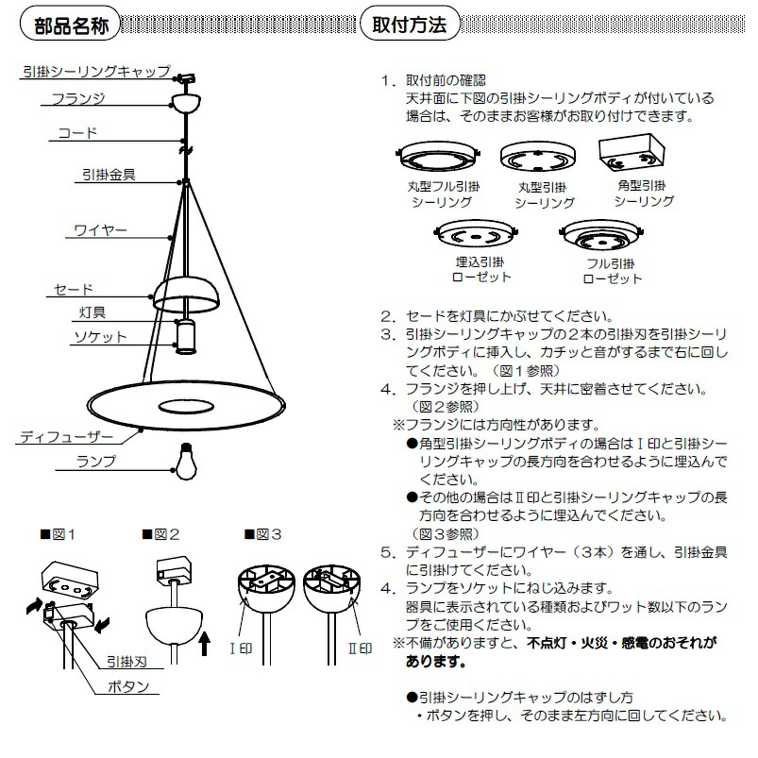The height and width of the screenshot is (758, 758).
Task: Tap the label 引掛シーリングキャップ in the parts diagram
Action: pos(94,71)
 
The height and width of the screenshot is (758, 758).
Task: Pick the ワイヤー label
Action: pos(100,229)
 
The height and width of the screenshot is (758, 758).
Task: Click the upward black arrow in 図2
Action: pos(206,644)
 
